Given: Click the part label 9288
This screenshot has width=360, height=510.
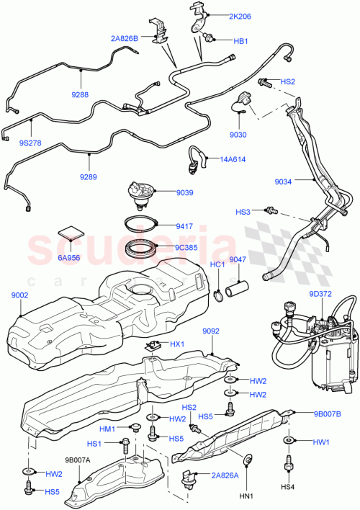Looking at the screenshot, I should pyautogui.click(x=80, y=93).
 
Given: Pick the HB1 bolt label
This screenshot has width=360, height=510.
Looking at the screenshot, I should pyautogui.click(x=239, y=41).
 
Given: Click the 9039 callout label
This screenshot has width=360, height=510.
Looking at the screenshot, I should pyautogui.click(x=186, y=192).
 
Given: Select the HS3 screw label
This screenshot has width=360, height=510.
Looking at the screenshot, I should pyautogui.click(x=243, y=212).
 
